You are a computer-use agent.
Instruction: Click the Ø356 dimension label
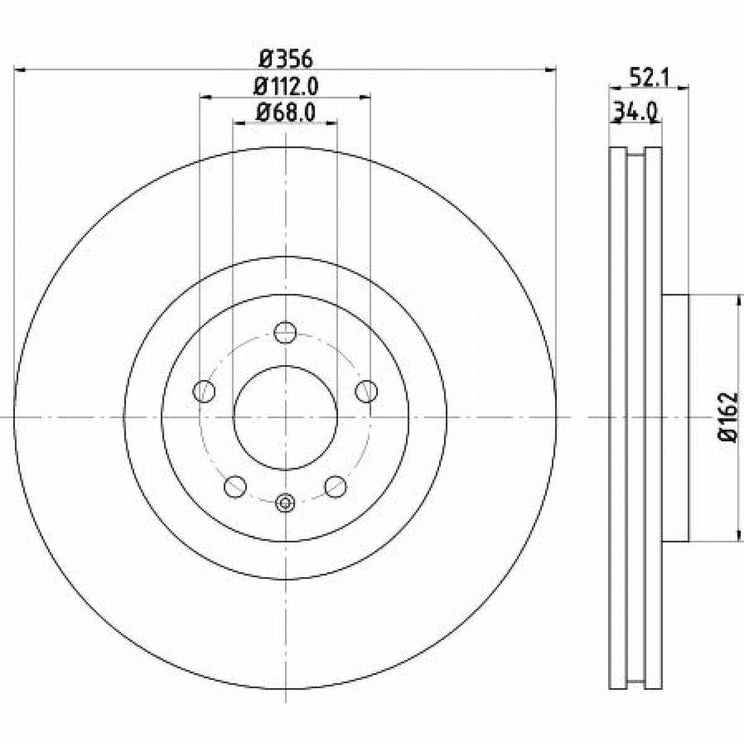[285, 60]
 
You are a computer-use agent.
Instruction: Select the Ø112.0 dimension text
[285, 86]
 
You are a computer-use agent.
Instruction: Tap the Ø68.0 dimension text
[285, 113]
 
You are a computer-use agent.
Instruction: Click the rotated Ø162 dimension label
[727, 417]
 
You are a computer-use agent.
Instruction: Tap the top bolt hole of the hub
[285, 332]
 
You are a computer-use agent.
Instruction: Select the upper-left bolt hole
[203, 391]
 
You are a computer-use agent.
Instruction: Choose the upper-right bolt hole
[366, 391]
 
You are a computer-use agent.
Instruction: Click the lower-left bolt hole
[235, 487]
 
